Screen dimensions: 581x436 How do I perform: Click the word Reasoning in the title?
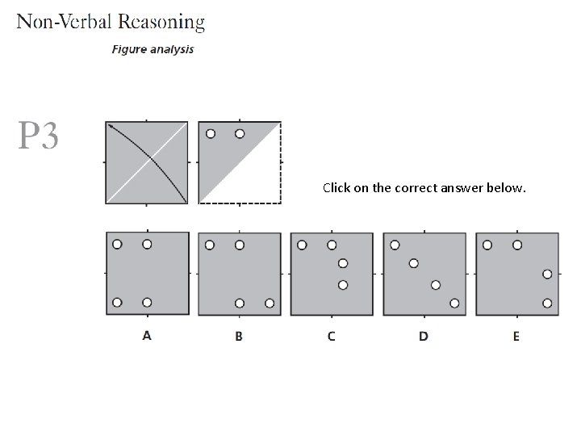[158, 22]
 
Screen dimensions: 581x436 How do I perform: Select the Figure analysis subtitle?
[153, 49]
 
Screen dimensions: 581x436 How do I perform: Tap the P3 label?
[38, 136]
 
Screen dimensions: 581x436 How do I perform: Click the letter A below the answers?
[147, 336]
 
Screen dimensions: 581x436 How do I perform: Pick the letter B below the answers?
[239, 336]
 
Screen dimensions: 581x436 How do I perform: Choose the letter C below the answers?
[332, 336]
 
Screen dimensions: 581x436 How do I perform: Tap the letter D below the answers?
[424, 336]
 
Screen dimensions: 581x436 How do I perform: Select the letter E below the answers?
[516, 336]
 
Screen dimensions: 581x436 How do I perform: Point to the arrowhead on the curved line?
[110, 126]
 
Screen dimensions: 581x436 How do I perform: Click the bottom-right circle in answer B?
[270, 304]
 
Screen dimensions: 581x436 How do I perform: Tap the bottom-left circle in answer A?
[117, 303]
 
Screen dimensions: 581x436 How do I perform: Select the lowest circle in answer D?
[454, 304]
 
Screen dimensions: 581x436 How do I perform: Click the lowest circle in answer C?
[343, 284]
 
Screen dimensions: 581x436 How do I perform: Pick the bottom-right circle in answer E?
[547, 304]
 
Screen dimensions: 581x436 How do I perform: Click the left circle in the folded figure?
[211, 134]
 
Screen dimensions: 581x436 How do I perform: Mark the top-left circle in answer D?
[395, 245]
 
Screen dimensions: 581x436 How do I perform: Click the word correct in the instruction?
[412, 188]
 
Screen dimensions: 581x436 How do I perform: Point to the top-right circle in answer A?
[147, 244]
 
